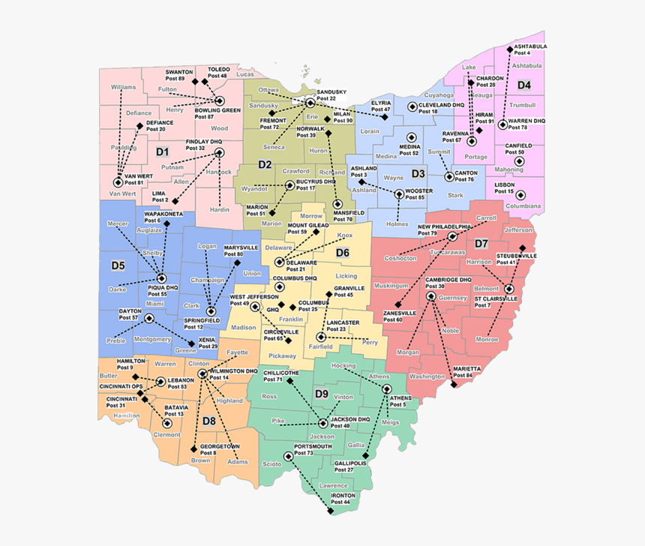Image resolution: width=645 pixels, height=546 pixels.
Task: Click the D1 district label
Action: click(x=162, y=152)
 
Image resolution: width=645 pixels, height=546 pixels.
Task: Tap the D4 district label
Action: click(x=523, y=85)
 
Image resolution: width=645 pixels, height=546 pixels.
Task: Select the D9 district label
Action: click(x=321, y=394)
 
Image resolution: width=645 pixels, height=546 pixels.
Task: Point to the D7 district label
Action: click(x=481, y=244)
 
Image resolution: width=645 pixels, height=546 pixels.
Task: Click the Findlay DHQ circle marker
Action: click(x=219, y=153)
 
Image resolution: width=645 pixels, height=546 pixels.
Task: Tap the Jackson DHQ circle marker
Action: click(x=323, y=424)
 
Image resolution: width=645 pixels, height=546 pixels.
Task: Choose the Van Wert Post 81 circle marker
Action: click(x=118, y=182)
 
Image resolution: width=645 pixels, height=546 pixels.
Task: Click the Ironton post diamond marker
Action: click(x=330, y=512)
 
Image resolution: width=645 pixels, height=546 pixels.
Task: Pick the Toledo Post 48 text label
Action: click(x=218, y=73)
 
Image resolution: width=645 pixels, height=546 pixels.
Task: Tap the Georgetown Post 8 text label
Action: click(x=220, y=449)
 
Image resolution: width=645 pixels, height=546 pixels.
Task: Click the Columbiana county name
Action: click(x=523, y=205)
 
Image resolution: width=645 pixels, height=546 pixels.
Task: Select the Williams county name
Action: click(x=123, y=87)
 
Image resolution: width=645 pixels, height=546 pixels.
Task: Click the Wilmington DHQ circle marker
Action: click(x=201, y=373)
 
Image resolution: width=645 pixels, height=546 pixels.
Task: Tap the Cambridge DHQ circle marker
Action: click(x=430, y=296)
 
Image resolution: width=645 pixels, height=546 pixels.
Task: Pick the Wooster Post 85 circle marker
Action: click(x=398, y=194)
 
